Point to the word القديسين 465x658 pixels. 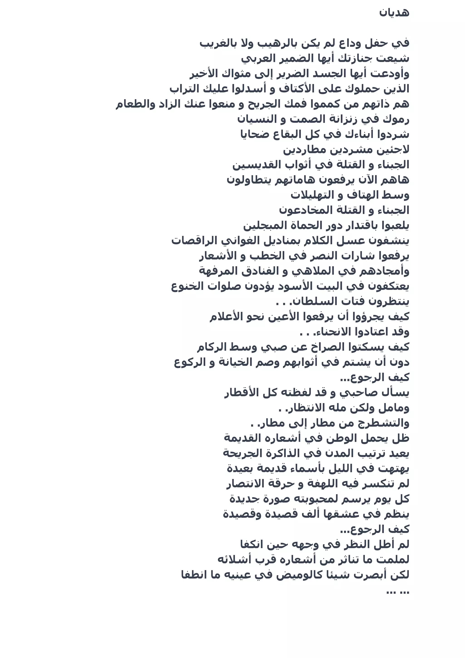click(252, 165)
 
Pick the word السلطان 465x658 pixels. click(308, 301)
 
